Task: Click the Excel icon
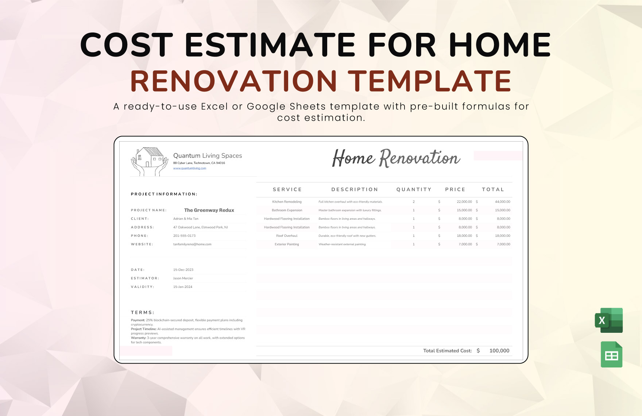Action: coord(609,320)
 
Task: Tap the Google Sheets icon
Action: coord(611,354)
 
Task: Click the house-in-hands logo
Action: coord(149,162)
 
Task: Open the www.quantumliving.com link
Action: coord(189,168)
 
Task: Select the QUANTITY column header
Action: coord(414,189)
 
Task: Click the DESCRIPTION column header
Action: coord(355,189)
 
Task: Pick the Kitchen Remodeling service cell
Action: coord(287,202)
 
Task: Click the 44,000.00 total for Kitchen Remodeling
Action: coord(502,202)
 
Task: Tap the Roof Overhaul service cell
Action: coord(287,236)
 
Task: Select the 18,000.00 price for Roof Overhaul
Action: coord(464,236)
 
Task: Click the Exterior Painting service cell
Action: coord(287,244)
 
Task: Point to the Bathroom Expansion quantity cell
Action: coord(414,210)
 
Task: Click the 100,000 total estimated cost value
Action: coord(499,351)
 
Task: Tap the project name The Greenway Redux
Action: coord(209,210)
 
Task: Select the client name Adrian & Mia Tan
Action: coord(186,219)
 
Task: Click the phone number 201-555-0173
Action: coord(184,236)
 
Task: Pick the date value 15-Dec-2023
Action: coord(183,270)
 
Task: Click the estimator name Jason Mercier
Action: coord(183,278)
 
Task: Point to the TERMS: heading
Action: coord(142,312)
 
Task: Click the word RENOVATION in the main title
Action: coord(233,81)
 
